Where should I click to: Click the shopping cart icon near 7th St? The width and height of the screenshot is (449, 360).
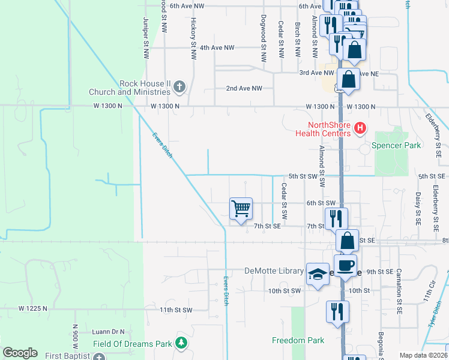(241, 209)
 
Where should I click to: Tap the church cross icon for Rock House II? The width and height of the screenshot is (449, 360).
(178, 88)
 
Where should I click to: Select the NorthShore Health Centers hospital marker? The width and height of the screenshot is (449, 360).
(360, 127)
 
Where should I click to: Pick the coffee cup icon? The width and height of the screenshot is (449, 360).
(345, 265)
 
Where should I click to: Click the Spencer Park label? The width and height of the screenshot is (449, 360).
(397, 145)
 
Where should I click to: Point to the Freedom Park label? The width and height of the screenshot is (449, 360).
(298, 340)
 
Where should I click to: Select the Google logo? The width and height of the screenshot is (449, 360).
(20, 353)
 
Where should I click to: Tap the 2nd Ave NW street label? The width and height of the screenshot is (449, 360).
(244, 88)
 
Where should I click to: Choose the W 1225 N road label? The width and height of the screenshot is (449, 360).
(32, 308)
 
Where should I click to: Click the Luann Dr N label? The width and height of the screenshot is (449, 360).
(108, 331)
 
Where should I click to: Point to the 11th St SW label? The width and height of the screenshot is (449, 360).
(176, 310)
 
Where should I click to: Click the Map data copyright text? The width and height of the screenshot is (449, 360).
(424, 355)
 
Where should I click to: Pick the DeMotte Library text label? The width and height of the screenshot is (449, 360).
(274, 271)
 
